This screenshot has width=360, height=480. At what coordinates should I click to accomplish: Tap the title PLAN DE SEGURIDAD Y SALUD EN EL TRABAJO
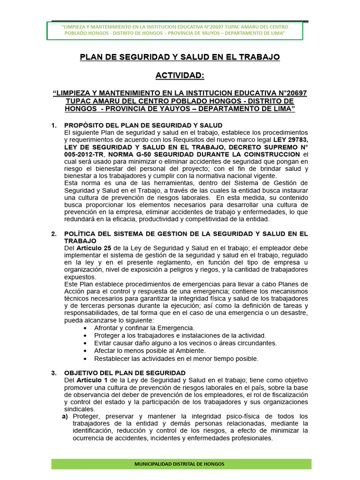pos(180,57)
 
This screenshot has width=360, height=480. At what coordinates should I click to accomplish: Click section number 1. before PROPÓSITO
pos(54,125)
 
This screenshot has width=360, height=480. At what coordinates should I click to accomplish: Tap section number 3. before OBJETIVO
pos(54,373)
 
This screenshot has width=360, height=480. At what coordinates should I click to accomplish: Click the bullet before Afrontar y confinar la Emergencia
pos(84,328)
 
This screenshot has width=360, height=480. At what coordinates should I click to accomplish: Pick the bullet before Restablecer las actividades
pos(84,359)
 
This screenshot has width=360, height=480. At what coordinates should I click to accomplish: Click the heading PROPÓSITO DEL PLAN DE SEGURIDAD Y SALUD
pos(143,125)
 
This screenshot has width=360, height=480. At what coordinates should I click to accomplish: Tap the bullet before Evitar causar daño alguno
pos(84,343)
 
